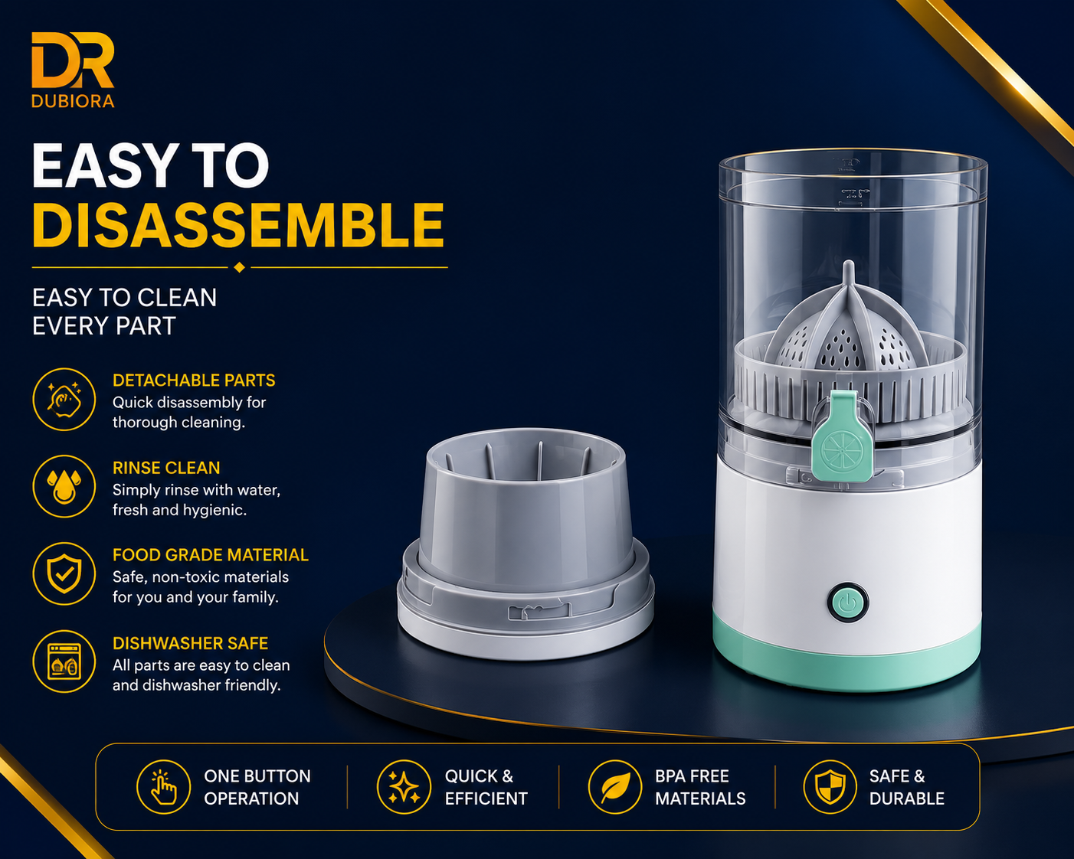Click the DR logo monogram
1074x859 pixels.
point(73,60)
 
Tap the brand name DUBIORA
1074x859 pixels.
point(73,101)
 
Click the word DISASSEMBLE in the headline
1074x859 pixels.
point(238,225)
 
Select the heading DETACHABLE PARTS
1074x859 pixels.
point(194,381)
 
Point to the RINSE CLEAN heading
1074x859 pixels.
point(166,468)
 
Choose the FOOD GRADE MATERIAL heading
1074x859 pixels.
point(211,555)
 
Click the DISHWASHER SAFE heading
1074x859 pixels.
point(190,644)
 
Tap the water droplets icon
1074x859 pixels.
point(64,486)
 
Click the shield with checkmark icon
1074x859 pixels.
point(64,574)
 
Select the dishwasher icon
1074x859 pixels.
point(64,661)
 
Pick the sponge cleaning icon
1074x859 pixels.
point(64,400)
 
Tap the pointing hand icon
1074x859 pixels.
point(164,787)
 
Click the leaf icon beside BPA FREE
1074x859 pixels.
point(615,787)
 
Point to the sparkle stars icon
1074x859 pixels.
point(404,787)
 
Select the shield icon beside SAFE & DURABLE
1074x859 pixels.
point(830,787)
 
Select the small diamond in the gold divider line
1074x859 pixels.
point(240,267)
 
